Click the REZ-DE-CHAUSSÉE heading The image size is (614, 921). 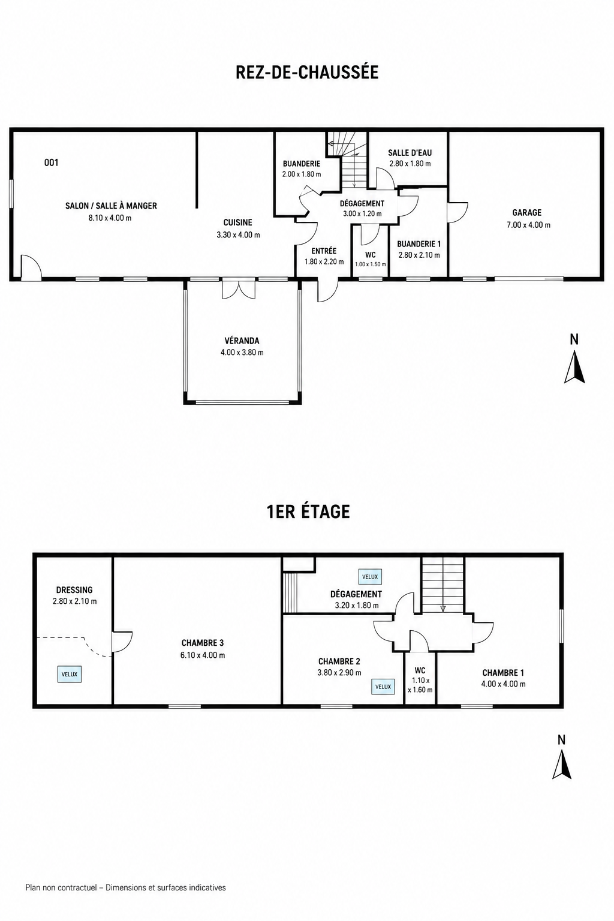pyautogui.click(x=307, y=72)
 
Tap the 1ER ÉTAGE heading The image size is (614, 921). pyautogui.click(x=308, y=512)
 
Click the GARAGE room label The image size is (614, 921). pyautogui.click(x=527, y=213)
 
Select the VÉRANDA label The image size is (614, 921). pyautogui.click(x=242, y=341)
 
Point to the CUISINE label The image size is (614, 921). pyautogui.click(x=237, y=222)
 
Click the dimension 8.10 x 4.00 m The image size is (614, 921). pyautogui.click(x=110, y=218)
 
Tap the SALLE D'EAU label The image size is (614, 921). pyautogui.click(x=410, y=152)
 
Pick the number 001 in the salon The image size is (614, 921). pyautogui.click(x=52, y=162)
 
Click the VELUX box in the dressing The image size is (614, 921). pyautogui.click(x=70, y=675)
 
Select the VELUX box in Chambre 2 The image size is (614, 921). pyautogui.click(x=383, y=687)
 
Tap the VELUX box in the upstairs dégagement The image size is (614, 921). pyautogui.click(x=370, y=577)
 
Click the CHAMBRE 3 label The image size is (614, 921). pyautogui.click(x=202, y=643)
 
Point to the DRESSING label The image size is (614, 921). pyautogui.click(x=74, y=590)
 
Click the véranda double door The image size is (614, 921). pyautogui.click(x=239, y=289)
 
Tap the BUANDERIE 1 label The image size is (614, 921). pyautogui.click(x=419, y=244)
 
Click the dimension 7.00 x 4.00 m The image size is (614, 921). pyautogui.click(x=528, y=225)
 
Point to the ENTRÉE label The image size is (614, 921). pyautogui.click(x=324, y=251)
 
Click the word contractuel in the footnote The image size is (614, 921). pyautogui.click(x=77, y=887)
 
